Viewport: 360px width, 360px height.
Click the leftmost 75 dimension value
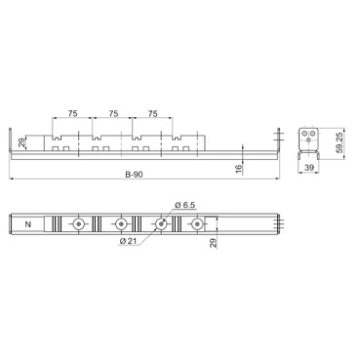pyautogui.click(x=73, y=113)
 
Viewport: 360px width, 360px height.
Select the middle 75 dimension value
pyautogui.click(x=113, y=113)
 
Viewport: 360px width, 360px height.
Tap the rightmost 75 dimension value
pyautogui.click(x=153, y=113)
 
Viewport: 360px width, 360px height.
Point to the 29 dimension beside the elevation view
pyautogui.click(x=21, y=142)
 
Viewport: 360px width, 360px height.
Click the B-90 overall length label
pyautogui.click(x=134, y=175)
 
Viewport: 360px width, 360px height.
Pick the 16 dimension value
pyautogui.click(x=238, y=169)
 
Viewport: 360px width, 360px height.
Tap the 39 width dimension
pyautogui.click(x=308, y=168)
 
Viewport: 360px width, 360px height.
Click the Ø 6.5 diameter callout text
pyautogui.click(x=184, y=205)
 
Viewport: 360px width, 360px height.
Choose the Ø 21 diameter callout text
pyautogui.click(x=129, y=241)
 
